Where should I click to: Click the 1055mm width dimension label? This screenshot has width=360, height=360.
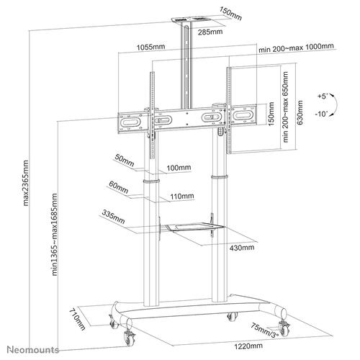click(148, 48)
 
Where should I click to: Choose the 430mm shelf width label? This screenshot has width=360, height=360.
click(242, 247)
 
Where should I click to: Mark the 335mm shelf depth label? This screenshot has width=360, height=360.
click(114, 214)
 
